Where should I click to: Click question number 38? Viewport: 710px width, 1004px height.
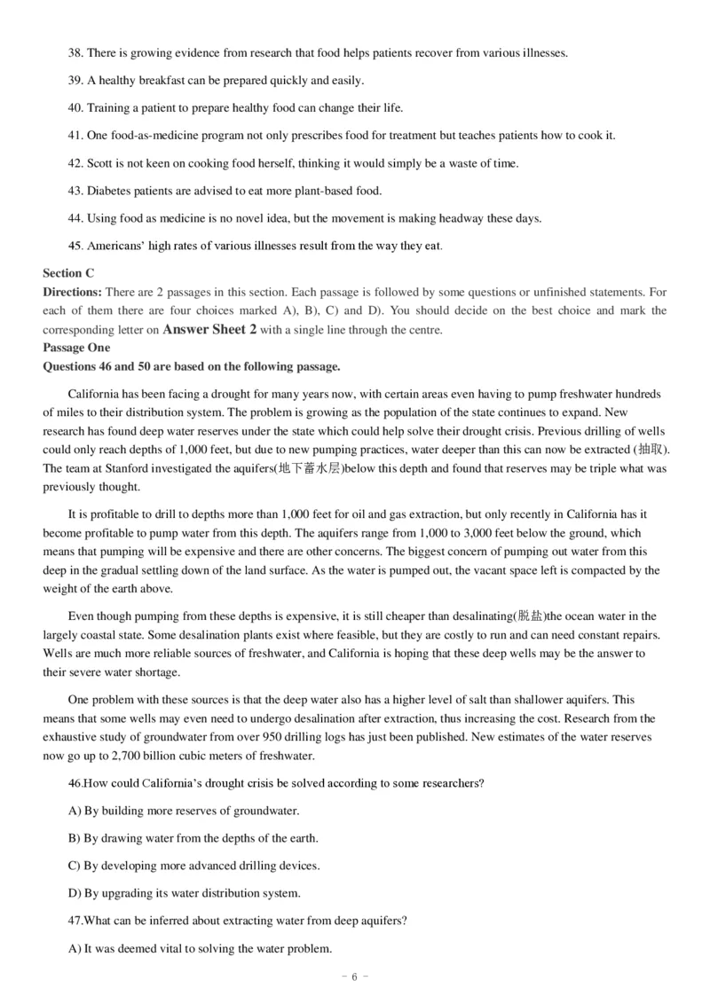click(75, 53)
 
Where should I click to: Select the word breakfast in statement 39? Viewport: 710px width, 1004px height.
click(159, 81)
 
